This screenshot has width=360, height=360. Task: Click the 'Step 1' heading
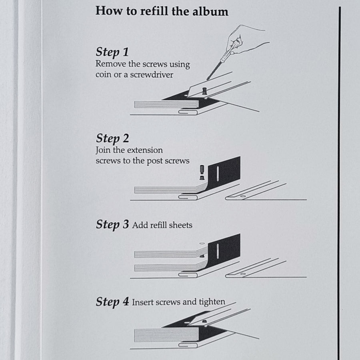(112, 52)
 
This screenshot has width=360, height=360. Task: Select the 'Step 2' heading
(112, 139)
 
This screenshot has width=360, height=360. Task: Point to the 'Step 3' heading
(112, 224)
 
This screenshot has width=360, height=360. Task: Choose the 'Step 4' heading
(112, 302)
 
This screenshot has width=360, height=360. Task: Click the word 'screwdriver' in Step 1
(152, 75)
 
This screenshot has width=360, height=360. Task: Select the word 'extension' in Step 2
(145, 150)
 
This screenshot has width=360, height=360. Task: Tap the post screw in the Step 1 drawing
(204, 91)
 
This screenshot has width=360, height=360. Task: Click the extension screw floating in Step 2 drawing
(202, 172)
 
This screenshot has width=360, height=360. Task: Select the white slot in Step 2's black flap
(218, 173)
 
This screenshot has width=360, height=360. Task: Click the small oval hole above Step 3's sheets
(202, 243)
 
